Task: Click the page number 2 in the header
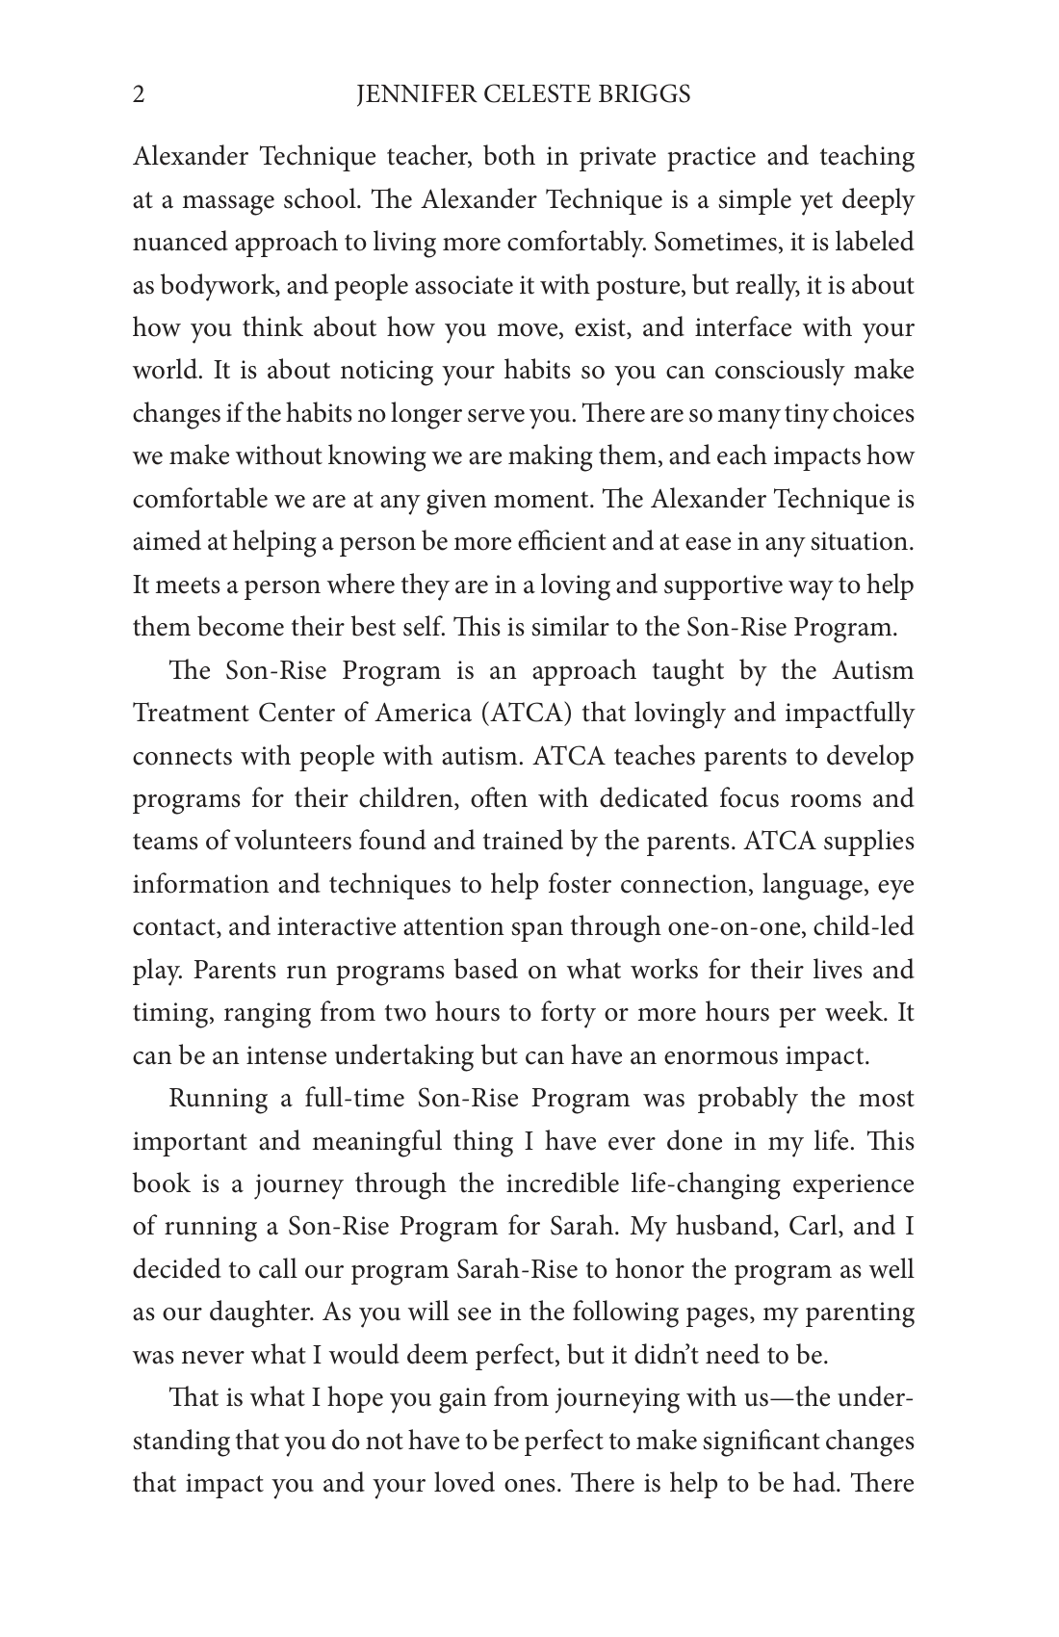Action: [139, 94]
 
